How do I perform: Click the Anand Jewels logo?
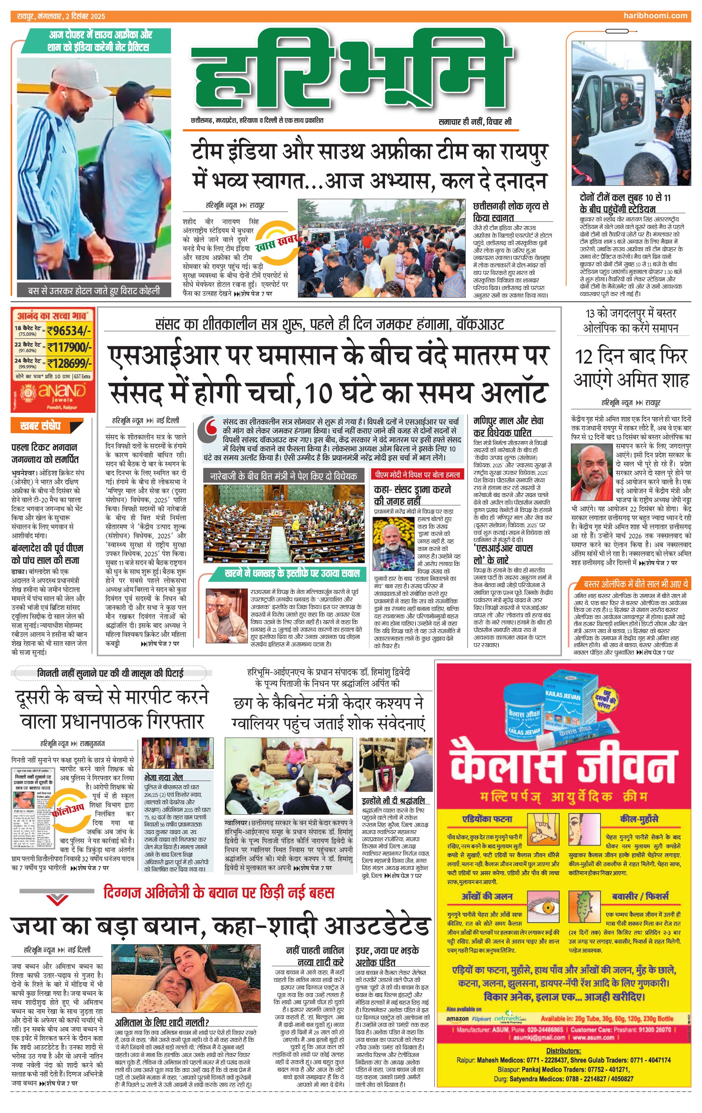tap(56, 393)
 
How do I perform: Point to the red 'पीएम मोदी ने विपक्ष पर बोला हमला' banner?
tap(418, 475)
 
